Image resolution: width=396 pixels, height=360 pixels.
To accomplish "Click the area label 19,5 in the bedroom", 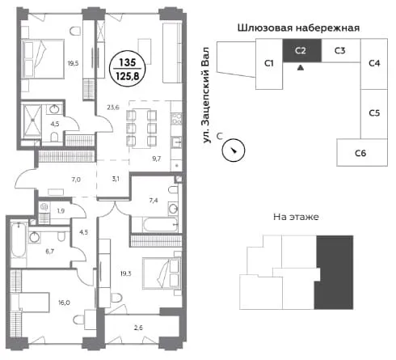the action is (73, 64).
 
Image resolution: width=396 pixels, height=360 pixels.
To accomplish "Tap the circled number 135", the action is (128, 62).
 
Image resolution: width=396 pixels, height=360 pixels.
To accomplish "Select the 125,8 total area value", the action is (128, 76).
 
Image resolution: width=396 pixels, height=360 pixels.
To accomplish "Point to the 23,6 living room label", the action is (113, 108).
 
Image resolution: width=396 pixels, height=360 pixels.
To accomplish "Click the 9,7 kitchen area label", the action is (156, 159).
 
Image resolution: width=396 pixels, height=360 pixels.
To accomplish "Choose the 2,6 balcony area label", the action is (138, 328).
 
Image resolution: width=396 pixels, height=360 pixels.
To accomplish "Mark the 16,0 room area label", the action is (64, 303).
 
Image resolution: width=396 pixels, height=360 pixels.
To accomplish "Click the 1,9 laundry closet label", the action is (61, 210).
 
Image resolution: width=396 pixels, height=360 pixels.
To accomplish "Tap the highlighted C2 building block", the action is (301, 50).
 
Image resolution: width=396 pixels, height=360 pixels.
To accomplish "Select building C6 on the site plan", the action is (362, 152).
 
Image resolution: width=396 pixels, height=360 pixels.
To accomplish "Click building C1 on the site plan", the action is (269, 64).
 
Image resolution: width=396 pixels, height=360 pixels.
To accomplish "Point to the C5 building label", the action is (374, 112).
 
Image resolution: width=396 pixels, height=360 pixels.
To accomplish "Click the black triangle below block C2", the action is (301, 68).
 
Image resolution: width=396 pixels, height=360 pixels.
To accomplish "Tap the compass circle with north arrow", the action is (234, 150).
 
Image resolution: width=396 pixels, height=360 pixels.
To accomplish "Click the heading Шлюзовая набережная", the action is (298, 28).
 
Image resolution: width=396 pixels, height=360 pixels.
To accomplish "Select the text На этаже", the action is (296, 217).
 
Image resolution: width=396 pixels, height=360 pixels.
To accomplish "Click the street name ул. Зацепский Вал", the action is (206, 95).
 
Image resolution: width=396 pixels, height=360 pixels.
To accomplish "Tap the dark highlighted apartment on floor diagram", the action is (334, 273).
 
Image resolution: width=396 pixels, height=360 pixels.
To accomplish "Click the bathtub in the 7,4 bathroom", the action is (160, 224).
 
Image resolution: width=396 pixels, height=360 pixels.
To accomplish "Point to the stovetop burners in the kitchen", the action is (177, 119).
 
